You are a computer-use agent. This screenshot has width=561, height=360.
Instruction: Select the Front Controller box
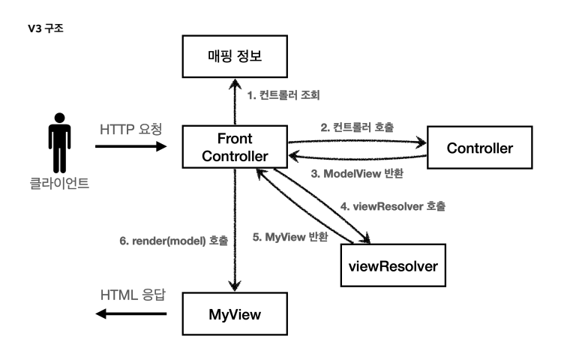[x=235, y=148]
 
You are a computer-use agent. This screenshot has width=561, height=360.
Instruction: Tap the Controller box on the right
[x=480, y=148]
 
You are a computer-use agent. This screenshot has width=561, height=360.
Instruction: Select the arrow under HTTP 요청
[x=132, y=147]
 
